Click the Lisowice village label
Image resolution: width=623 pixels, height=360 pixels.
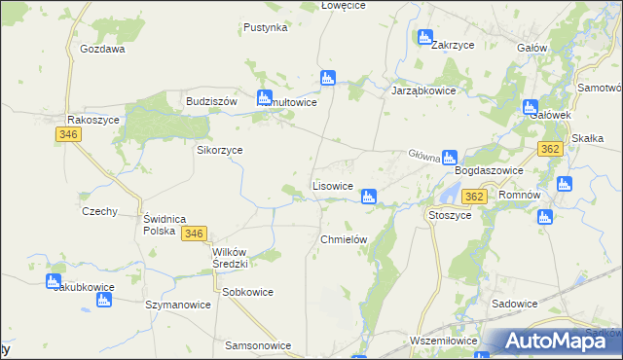tap(332, 185)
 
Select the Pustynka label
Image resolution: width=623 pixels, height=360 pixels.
tap(266, 27)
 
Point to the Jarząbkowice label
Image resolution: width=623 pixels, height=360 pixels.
tap(423, 90)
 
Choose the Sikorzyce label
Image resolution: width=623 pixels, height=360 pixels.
tap(220, 151)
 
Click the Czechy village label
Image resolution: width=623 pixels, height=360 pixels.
tap(100, 211)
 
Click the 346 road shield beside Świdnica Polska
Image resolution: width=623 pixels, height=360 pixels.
tap(193, 234)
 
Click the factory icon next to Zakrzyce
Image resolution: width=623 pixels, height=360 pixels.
tap(424, 38)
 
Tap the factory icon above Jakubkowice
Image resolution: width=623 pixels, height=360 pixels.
tap(54, 281)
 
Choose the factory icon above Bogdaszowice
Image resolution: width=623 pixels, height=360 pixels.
tap(449, 157)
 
